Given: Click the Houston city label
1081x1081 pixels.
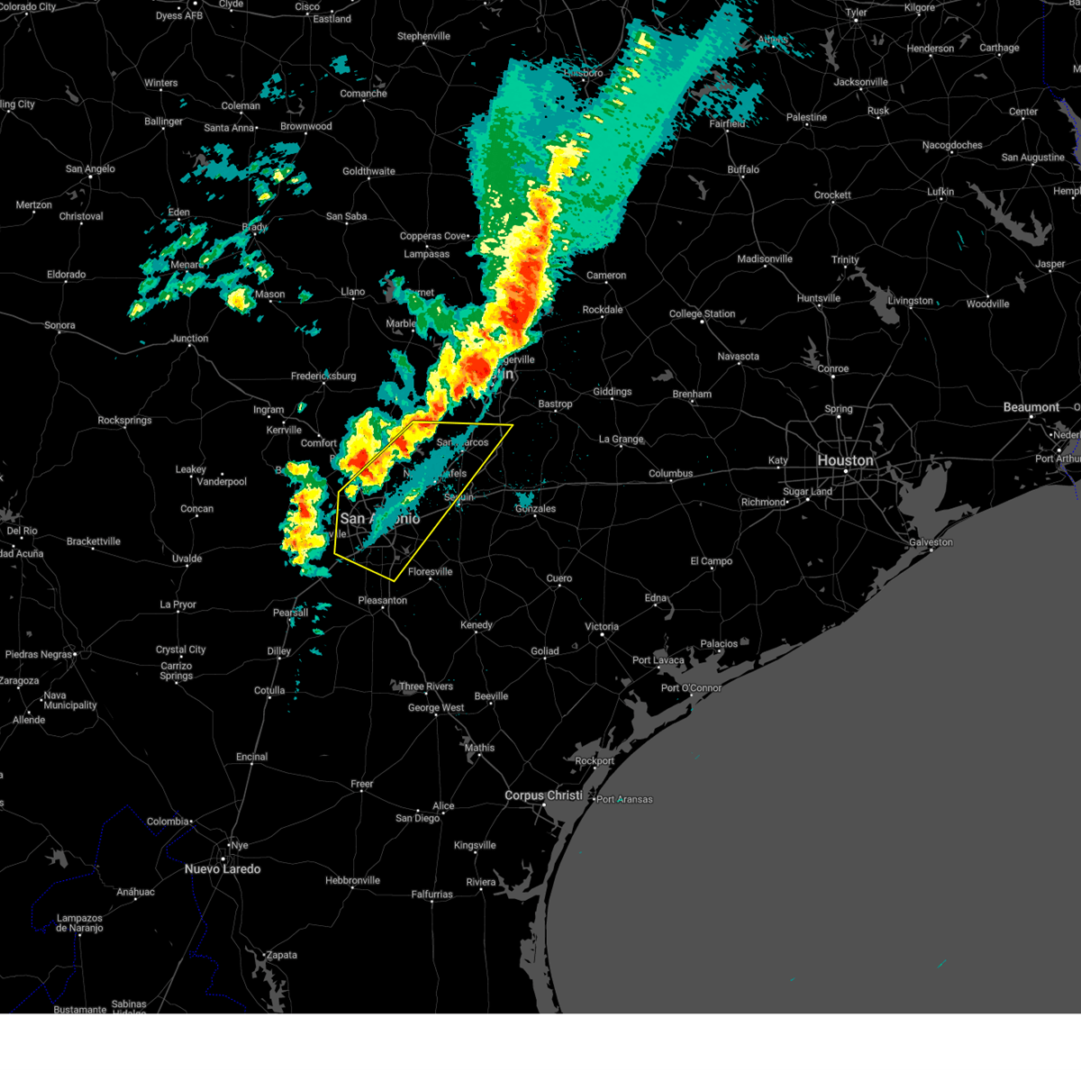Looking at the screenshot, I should click(845, 460).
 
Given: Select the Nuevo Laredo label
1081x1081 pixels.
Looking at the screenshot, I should click(223, 869).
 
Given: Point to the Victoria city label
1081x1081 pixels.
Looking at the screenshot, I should click(602, 626).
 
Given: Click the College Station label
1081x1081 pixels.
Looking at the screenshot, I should click(702, 313).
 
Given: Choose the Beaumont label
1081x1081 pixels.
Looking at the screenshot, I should click(1031, 407).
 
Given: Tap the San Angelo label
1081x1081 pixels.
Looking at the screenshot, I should click(90, 168).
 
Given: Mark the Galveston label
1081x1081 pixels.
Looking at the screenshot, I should click(931, 542).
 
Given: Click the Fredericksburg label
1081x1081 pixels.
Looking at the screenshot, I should click(323, 376).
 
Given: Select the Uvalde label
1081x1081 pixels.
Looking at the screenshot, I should click(186, 559).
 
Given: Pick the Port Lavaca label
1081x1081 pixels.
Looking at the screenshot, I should click(659, 660).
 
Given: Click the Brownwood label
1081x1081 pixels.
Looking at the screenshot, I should click(306, 126).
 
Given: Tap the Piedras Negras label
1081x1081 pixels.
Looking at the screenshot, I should click(39, 654).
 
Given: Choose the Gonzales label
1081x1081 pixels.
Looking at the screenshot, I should click(535, 509).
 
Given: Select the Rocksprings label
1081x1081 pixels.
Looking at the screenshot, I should click(124, 420).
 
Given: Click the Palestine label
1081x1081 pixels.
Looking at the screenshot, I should click(806, 117).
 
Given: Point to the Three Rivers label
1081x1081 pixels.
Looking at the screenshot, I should click(426, 686).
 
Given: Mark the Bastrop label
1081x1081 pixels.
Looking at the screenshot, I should click(555, 404).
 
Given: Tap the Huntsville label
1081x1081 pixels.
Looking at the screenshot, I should click(819, 298).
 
